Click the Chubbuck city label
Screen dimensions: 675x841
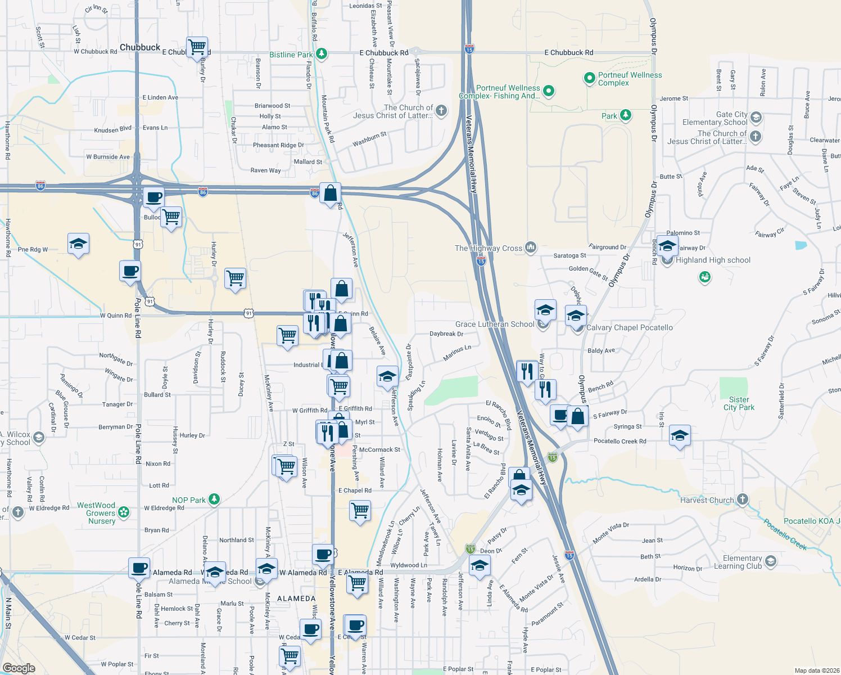[140, 48]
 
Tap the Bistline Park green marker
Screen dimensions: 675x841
[321, 54]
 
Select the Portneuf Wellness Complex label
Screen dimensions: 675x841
[630, 79]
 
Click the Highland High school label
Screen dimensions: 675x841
[713, 260]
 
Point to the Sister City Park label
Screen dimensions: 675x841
[739, 403]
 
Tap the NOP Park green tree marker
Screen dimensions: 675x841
[214, 499]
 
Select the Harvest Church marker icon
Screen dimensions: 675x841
[743, 499]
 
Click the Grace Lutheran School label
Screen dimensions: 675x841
[495, 324]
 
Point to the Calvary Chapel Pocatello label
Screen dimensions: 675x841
[629, 327]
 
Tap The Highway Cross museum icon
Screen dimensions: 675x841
[531, 247]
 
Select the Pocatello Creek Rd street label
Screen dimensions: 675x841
[620, 441]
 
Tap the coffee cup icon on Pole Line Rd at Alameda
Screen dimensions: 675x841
[139, 568]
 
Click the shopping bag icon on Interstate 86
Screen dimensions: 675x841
[331, 193]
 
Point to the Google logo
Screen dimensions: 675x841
[19, 668]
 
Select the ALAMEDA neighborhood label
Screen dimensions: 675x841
[296, 598]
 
